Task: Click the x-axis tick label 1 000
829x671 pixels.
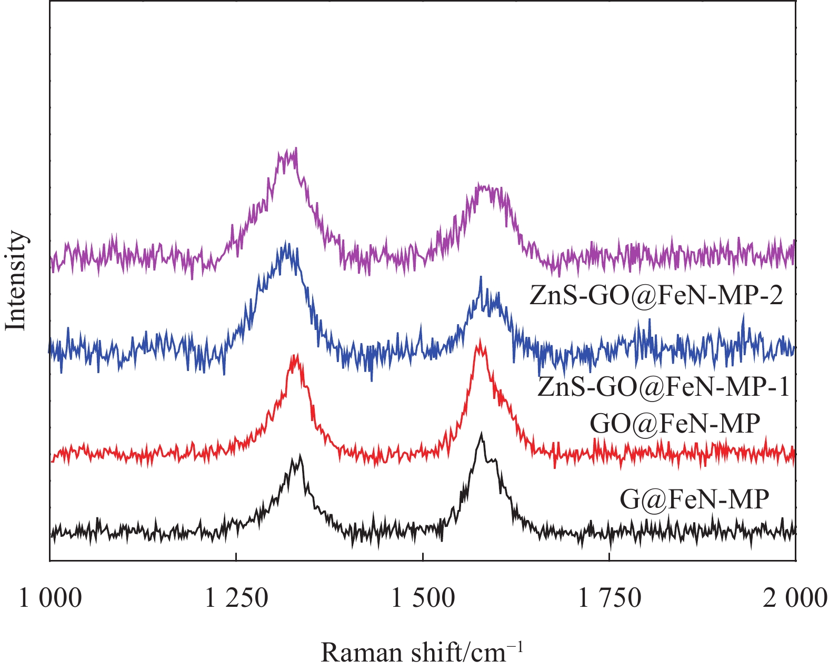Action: click(x=51, y=599)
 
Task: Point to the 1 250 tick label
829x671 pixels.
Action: click(x=237, y=599)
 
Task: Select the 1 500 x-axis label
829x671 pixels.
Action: click(x=423, y=599)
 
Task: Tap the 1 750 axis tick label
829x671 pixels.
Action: click(x=610, y=599)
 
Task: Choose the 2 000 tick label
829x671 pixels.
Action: click(x=795, y=599)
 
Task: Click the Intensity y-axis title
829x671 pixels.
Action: click(x=16, y=282)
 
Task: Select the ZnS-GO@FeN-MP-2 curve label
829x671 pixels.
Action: click(x=656, y=296)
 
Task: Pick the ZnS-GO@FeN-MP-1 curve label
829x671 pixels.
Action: click(x=663, y=388)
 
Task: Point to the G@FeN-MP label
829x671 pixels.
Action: click(x=694, y=499)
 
